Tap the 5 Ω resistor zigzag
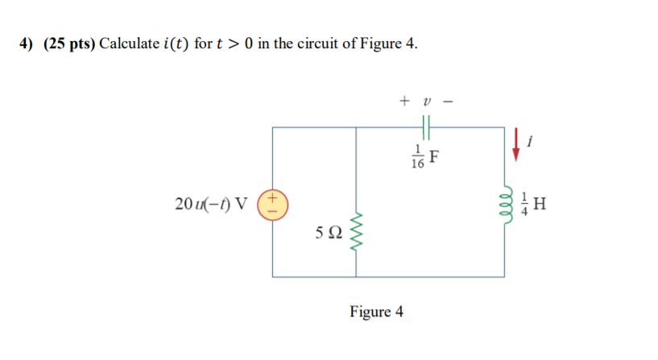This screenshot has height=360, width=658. point(356,230)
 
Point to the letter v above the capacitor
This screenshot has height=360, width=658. point(427,101)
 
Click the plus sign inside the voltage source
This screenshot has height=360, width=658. point(273,197)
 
